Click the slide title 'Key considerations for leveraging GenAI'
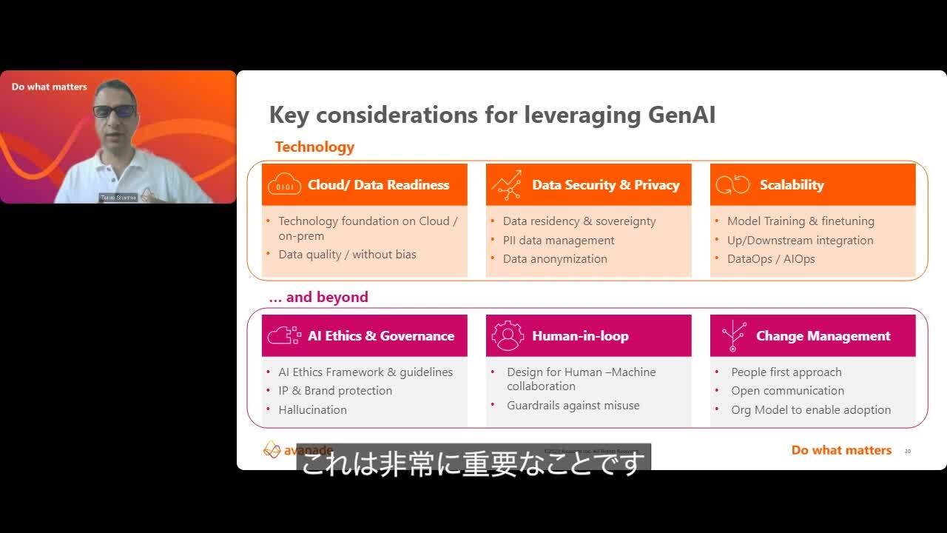492,115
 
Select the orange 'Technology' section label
314,147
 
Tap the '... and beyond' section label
318,297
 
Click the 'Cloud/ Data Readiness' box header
378,185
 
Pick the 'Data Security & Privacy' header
605,185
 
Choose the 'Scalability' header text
792,185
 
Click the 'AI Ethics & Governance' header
381,336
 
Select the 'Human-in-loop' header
580,336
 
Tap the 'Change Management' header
823,336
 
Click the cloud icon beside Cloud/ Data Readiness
284,185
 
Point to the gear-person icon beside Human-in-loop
508,336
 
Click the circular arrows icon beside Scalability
732,185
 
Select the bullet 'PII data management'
559,240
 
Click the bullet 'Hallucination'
312,409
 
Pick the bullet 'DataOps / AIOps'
771,258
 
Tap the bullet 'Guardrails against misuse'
573,405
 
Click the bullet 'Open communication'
787,390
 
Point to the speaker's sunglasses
114,111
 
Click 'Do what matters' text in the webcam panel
49,87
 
